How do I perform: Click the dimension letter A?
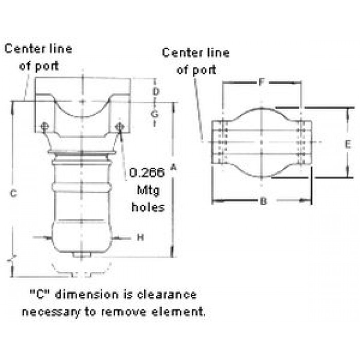(x=174, y=167)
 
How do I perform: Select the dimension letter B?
(x=264, y=202)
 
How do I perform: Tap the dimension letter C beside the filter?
(x=13, y=193)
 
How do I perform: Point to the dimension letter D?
(x=156, y=92)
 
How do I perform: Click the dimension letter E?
(x=348, y=145)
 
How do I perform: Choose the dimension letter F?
(x=261, y=82)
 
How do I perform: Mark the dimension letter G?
(x=155, y=114)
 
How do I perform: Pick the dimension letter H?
(x=140, y=237)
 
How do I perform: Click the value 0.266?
(x=147, y=172)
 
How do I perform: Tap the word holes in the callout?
(x=148, y=207)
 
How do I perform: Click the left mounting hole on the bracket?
(x=45, y=126)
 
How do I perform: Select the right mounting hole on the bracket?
(x=120, y=127)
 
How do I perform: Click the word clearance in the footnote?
(x=167, y=295)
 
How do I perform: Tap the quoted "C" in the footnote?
(x=40, y=294)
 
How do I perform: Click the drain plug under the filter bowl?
(x=81, y=255)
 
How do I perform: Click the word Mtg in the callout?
(x=148, y=191)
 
